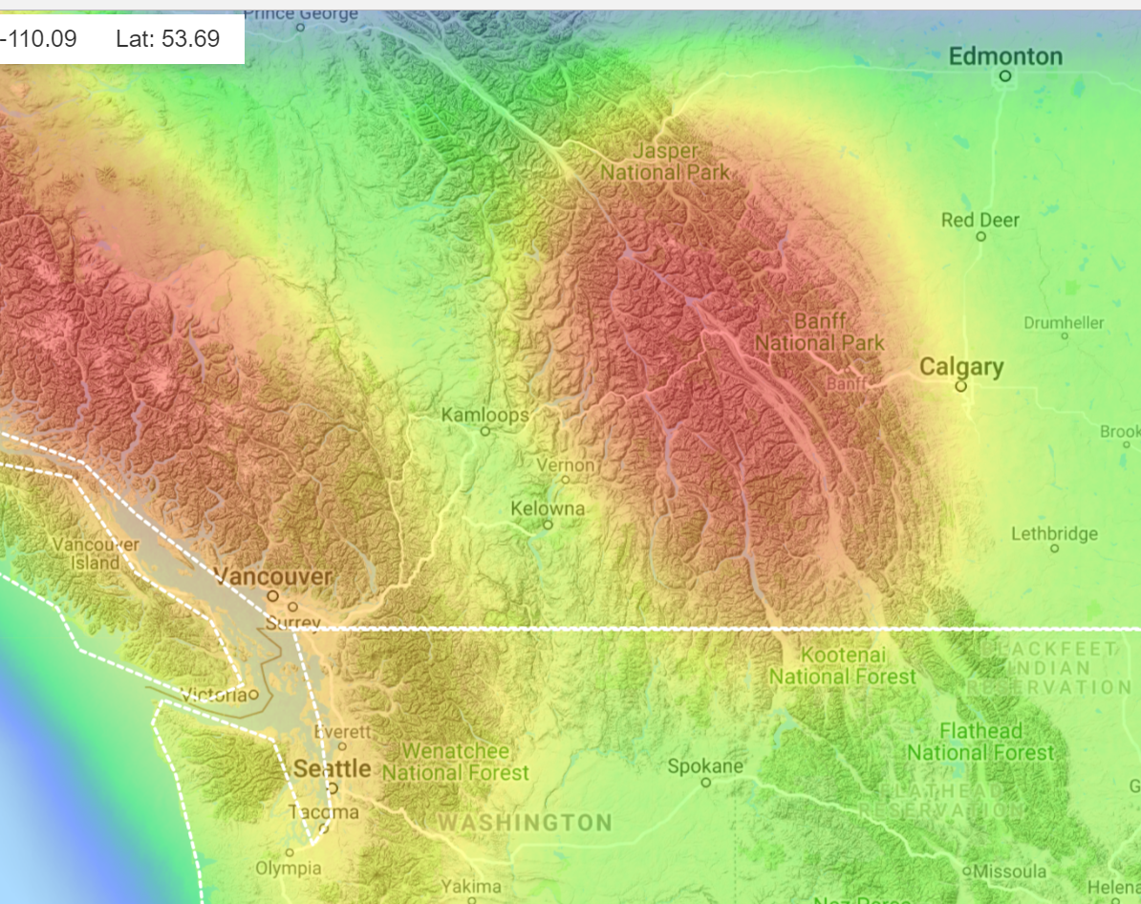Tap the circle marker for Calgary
[960, 386]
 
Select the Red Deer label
[980, 220]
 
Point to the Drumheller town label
[1064, 322]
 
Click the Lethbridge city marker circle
[1055, 549]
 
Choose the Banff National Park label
[819, 332]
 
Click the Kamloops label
[484, 415]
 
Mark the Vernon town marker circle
[565, 480]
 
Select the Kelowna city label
[547, 507]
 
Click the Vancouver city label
[273, 576]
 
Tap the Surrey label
[292, 623]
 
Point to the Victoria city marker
[253, 694]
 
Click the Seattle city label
[332, 768]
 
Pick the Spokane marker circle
[706, 782]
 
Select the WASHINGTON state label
[525, 823]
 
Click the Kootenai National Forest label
[842, 666]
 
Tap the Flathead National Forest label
[980, 742]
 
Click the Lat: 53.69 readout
[167, 39]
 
